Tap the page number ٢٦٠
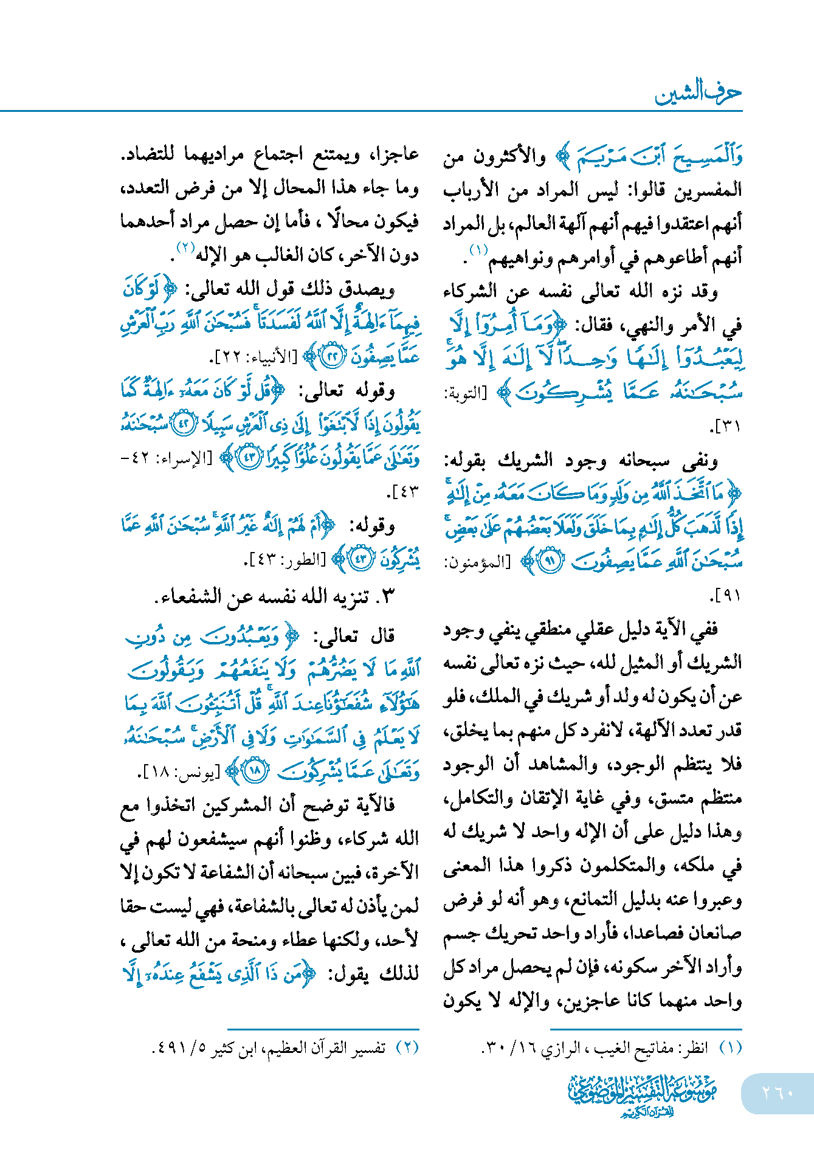click(x=778, y=1092)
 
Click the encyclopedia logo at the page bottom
click(x=642, y=1095)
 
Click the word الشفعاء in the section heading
click(x=190, y=596)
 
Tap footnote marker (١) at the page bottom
click(x=730, y=1048)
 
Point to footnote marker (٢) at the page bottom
click(x=407, y=1048)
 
